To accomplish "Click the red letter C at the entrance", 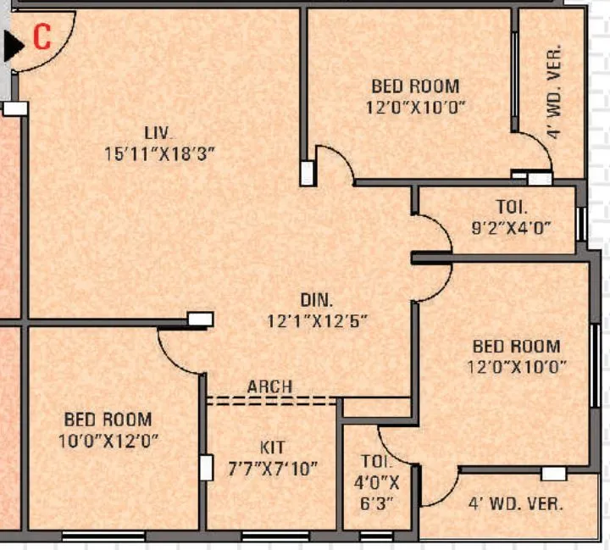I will [42, 36].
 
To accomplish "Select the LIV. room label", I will [158, 133].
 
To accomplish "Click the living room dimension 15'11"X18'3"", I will [158, 154].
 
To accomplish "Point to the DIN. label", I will [317, 300].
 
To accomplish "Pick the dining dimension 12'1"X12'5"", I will [317, 321].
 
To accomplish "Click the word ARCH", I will [269, 386].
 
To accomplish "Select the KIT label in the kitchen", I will [273, 447].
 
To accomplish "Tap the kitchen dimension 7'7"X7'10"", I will [274, 468].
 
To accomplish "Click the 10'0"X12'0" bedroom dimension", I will [108, 441].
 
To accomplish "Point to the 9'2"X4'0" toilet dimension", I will [512, 227].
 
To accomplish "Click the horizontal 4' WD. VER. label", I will [516, 503].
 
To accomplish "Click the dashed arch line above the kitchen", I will [271, 400].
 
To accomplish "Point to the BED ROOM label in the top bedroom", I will [415, 86].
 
